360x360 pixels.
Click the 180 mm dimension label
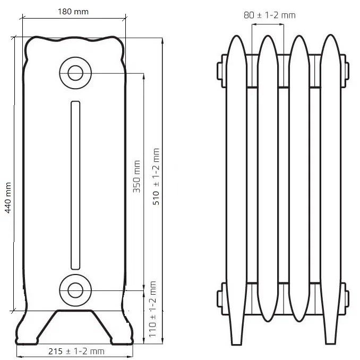pos(73,12)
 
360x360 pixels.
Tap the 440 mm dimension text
pos(8,198)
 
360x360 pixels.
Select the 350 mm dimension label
pos(136,177)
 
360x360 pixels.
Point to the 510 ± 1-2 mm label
pos(156,176)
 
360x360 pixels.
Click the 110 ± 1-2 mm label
pos(152,309)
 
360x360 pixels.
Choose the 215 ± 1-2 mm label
pos(76,351)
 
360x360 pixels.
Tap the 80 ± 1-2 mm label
pos(270,15)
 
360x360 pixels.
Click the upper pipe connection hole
pos(75,73)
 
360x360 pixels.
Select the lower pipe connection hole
pos(75,290)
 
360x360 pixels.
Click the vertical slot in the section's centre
pos(75,185)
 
